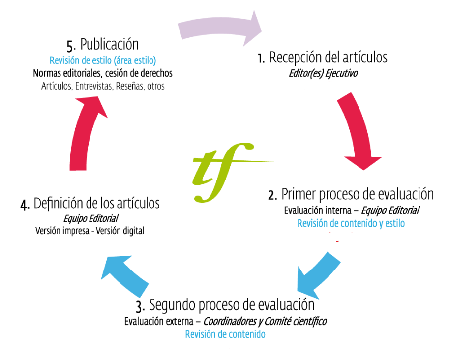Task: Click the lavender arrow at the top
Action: [221, 28]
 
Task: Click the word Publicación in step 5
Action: [110, 45]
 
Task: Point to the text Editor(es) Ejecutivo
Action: [323, 74]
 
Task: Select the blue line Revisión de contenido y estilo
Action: [351, 223]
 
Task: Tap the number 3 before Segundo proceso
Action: [140, 306]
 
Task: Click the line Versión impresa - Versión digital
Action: [90, 230]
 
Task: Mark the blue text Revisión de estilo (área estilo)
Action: [103, 61]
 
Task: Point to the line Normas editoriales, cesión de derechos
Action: [103, 73]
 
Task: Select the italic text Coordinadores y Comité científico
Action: [265, 321]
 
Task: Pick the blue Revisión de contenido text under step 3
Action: [225, 334]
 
